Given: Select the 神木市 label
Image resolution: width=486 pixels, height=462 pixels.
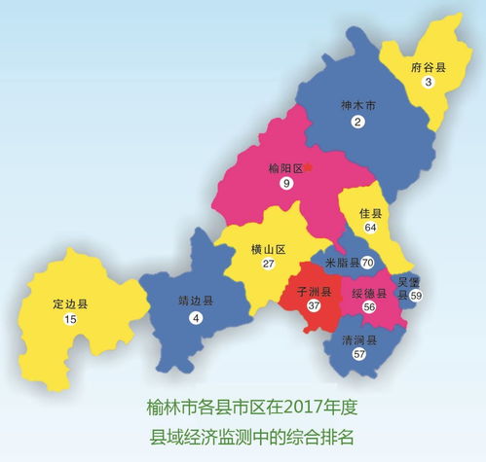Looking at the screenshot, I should tap(357, 105).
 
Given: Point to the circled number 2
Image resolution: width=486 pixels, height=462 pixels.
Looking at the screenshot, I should tap(357, 122).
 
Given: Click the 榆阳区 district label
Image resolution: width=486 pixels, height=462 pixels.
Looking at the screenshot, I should tap(284, 167).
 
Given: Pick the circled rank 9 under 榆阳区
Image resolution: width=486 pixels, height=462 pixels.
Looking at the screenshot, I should tap(285, 184).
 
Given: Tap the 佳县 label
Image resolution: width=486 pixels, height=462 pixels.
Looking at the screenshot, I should tap(370, 212).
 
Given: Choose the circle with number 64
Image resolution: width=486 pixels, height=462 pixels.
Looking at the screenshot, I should tap(370, 228).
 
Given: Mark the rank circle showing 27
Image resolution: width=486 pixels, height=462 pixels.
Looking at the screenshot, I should tap(268, 265).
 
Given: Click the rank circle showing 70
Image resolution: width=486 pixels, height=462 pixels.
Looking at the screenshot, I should tap(368, 263).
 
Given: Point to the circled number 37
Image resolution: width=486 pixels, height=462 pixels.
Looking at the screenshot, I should tap(314, 305).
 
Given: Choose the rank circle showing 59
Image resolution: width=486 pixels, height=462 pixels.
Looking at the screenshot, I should tap(416, 294).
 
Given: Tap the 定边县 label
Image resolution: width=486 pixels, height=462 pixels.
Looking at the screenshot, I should tap(70, 303).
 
